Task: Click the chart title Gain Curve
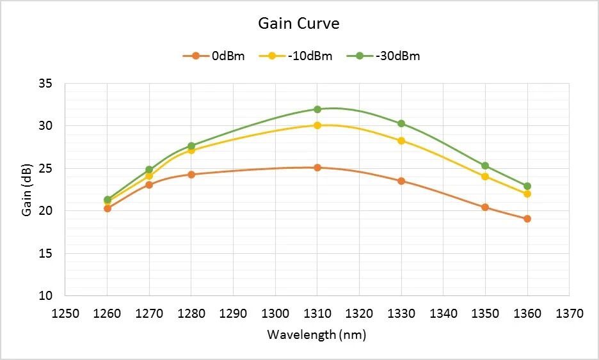click(298, 24)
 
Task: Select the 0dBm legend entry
click(214, 56)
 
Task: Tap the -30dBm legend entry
click(383, 56)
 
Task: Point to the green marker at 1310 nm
click(317, 109)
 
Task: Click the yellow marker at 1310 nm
click(317, 125)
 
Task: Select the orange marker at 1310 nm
click(317, 168)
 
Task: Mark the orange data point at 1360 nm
click(527, 219)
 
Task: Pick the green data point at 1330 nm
click(401, 123)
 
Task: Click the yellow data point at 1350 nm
click(485, 176)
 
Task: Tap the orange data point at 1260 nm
click(108, 208)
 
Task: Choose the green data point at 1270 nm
click(149, 169)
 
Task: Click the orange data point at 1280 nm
click(191, 174)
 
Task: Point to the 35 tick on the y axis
click(54, 84)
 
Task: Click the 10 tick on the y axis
click(54, 296)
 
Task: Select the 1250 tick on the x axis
click(65, 313)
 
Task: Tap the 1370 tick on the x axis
click(569, 313)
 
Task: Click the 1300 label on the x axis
click(275, 313)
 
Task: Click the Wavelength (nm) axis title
click(316, 334)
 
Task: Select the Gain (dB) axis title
click(27, 190)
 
